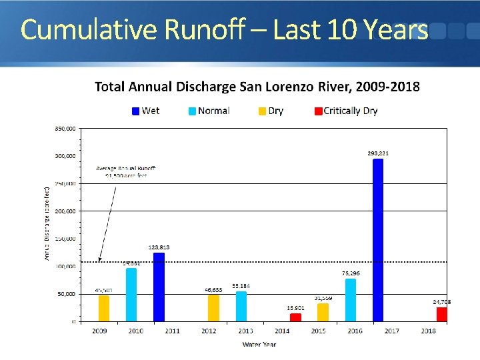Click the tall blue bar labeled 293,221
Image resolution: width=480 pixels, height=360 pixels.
pyautogui.click(x=378, y=240)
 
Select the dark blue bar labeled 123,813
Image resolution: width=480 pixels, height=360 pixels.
pyautogui.click(x=159, y=287)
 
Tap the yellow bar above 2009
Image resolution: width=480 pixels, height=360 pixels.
pyautogui.click(x=104, y=308)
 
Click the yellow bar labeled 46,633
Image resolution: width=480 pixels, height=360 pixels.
pyautogui.click(x=213, y=308)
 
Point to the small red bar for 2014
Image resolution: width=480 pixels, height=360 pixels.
pyautogui.click(x=295, y=317)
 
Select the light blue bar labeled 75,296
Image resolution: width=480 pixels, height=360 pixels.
pyautogui.click(x=351, y=300)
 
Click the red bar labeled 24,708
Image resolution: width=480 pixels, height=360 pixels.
pyautogui.click(x=441, y=314)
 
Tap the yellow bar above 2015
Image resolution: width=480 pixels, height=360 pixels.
pyautogui.click(x=323, y=312)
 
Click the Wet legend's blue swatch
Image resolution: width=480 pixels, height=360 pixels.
pyautogui.click(x=135, y=111)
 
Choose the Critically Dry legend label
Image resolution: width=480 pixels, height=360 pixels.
pyautogui.click(x=351, y=111)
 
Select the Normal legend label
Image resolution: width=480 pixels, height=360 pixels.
pyautogui.click(x=213, y=111)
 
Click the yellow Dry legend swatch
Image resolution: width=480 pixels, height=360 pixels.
pyautogui.click(x=263, y=111)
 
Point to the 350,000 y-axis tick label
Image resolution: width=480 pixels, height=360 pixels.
pyautogui.click(x=65, y=128)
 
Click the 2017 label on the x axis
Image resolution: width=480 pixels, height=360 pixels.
pyautogui.click(x=391, y=331)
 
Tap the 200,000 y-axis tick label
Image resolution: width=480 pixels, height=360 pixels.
pyautogui.click(x=65, y=211)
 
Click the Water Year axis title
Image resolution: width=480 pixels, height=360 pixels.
pyautogui.click(x=259, y=344)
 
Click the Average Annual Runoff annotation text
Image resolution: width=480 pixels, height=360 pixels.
pyautogui.click(x=126, y=172)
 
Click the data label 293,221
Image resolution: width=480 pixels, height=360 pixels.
pyautogui.click(x=378, y=153)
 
